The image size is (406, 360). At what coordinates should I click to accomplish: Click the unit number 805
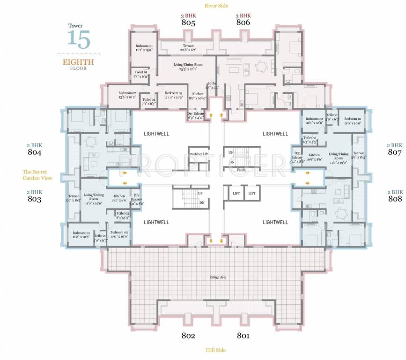[188, 22]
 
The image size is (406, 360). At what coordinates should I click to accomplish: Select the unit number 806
[243, 22]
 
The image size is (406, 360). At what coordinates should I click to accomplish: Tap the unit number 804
[34, 152]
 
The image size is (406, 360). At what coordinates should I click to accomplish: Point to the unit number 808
[395, 199]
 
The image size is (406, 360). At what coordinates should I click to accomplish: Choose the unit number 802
[188, 336]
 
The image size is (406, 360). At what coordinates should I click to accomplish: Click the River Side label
[216, 6]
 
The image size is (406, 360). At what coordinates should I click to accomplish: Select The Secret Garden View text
[37, 175]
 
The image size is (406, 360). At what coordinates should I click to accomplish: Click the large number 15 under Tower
[78, 38]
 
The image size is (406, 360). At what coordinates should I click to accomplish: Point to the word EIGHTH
[78, 62]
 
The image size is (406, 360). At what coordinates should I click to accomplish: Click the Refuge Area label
[218, 277]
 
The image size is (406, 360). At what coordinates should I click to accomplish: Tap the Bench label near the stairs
[241, 169]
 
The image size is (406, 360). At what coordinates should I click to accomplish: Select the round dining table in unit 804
[89, 140]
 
